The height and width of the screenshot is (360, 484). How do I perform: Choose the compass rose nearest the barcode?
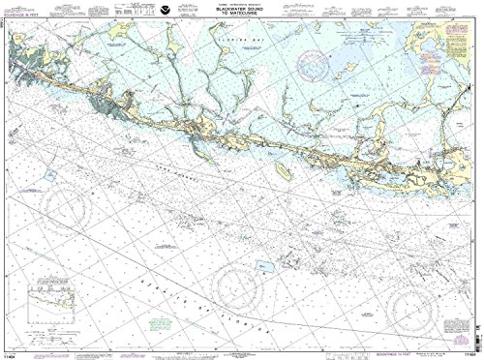click(416, 281)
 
